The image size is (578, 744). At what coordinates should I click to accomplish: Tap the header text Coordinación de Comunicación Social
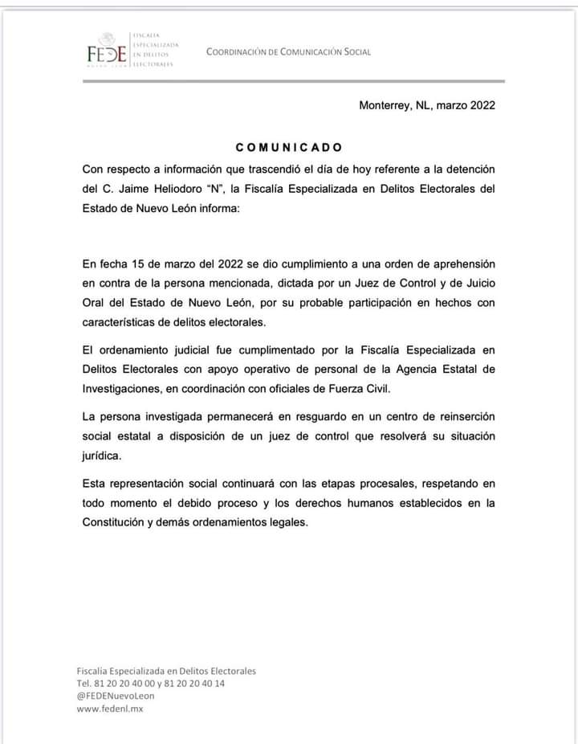click(288, 52)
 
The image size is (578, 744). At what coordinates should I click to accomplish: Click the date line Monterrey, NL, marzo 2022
click(427, 104)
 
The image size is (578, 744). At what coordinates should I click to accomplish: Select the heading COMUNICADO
click(289, 148)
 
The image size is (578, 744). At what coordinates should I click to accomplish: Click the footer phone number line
click(150, 684)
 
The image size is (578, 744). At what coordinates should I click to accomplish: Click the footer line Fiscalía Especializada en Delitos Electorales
click(166, 671)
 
